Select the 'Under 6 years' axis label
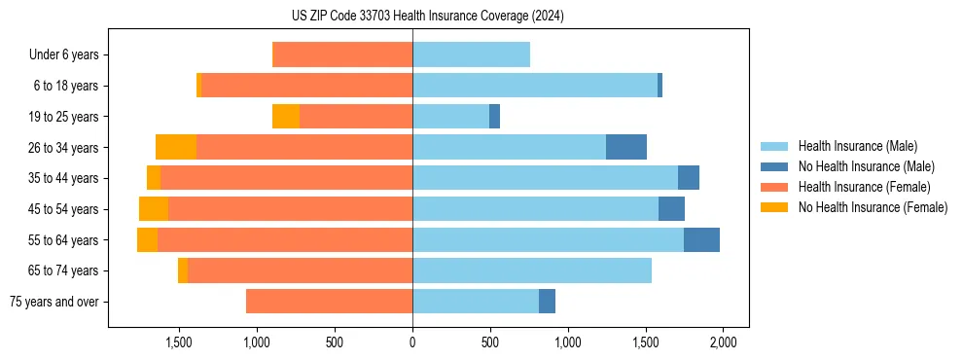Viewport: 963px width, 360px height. coord(63,55)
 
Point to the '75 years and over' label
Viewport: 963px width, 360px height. coord(53,302)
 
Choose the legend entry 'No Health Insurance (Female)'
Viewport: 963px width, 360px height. coord(873,207)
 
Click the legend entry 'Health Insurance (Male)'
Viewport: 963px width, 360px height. coord(857,146)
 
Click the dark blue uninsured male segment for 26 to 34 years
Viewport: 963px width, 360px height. coord(626,147)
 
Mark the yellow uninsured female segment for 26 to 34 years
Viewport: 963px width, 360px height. coord(176,147)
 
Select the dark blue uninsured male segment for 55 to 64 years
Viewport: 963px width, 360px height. coord(701,239)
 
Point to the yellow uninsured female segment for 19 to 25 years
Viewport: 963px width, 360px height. coord(286,117)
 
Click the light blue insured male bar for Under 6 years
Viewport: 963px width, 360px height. coord(471,55)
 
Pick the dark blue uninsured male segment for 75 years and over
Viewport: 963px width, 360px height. coord(547,302)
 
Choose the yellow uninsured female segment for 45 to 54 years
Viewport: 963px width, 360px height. coord(154,209)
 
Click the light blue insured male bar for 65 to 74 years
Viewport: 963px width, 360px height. coord(532,270)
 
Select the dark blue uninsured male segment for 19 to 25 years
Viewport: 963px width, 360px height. coord(494,117)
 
